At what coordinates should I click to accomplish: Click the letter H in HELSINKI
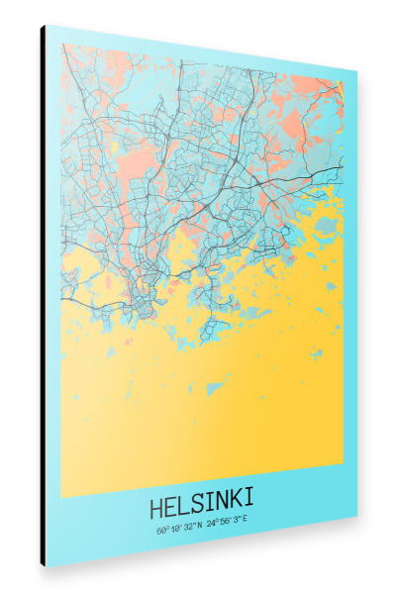(156, 508)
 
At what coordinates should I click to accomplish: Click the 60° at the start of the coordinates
(162, 531)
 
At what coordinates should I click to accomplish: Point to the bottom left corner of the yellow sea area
(61, 496)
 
